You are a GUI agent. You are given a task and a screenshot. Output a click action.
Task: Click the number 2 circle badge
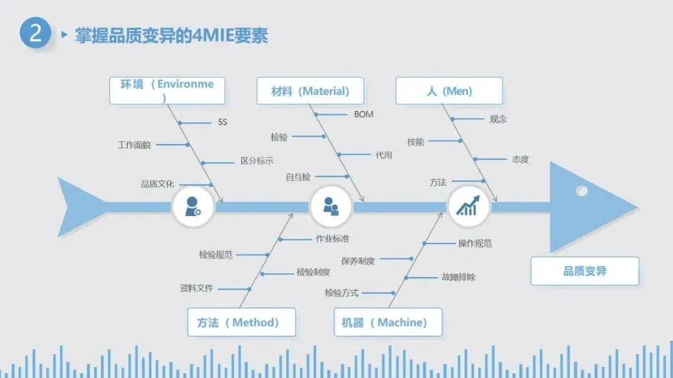pos(35,33)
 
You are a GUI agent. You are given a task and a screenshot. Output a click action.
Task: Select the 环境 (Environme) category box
pos(167,90)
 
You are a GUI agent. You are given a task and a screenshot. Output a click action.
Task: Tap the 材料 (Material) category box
pos(310,91)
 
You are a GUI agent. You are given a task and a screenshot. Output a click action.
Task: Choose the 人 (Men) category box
pos(449,91)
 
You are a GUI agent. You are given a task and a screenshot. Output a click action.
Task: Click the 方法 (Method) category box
pos(241,322)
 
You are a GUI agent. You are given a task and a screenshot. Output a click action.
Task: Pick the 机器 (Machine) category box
pos(388,322)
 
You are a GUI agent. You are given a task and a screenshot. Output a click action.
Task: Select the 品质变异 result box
pos(585,271)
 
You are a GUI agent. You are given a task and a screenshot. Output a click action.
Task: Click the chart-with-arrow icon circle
pos(468,206)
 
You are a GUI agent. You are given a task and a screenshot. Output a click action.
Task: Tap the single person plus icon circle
pos(193,206)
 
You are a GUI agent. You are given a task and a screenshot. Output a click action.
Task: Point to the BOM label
pos(364,115)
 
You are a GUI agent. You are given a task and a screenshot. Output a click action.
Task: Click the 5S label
pos(222,122)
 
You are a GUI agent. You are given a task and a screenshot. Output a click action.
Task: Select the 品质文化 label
pos(157,184)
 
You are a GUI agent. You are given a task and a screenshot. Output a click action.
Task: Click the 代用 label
pos(384,155)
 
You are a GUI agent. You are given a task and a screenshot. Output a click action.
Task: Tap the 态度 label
pos(520,159)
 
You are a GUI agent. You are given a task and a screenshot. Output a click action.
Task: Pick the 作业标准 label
pos(332,239)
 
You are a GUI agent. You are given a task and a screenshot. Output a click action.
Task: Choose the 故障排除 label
pos(458,277)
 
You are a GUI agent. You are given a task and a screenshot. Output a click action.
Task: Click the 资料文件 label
pos(196,288)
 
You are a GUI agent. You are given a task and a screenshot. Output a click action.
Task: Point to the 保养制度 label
pos(358,261)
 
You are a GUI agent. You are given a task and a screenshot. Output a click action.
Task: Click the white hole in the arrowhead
pos(581,191)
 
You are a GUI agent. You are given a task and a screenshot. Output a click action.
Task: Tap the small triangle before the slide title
pos(64,35)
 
